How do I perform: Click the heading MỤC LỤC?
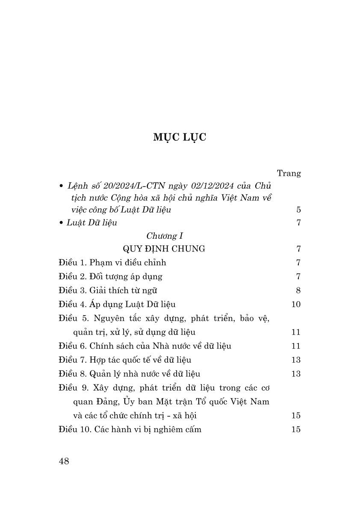coord(180,137)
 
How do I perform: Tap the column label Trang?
coord(289,173)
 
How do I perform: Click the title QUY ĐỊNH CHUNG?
coord(164,249)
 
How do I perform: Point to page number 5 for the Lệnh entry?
coord(298,210)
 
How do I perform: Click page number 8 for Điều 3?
coord(298,290)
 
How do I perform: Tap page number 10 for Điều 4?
coord(296,304)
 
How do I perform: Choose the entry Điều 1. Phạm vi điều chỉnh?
coord(112,263)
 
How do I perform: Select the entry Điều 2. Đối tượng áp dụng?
coord(111,276)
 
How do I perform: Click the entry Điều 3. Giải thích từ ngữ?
coord(108,290)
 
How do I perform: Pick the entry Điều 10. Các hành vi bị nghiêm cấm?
coord(130,429)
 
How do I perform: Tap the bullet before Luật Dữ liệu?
coord(62,223)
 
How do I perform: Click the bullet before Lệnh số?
coord(62,187)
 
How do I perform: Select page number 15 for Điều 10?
coord(296,429)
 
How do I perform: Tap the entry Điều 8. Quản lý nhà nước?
coord(130,374)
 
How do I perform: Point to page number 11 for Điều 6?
coord(296,346)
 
